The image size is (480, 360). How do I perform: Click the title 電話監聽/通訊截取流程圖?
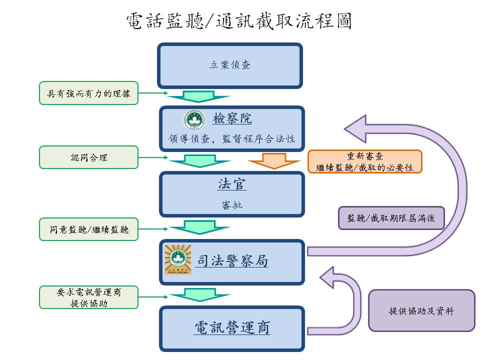pyautogui.click(x=239, y=21)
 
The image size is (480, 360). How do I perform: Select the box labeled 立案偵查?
pyautogui.click(x=230, y=65)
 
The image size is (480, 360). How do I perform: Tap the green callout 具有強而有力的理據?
pyautogui.click(x=88, y=93)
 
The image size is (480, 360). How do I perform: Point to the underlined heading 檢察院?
pyautogui.click(x=232, y=118)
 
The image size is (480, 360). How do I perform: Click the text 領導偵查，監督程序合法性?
pyautogui.click(x=231, y=139)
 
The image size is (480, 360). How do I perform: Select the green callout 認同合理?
pyautogui.click(x=88, y=157)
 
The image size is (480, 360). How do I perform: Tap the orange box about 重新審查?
pyautogui.click(x=364, y=161)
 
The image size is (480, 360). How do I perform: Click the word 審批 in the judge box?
pyautogui.click(x=231, y=204)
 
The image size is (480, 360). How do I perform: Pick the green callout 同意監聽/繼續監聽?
pyautogui.click(x=88, y=229)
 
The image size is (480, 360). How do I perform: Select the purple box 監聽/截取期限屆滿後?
pyautogui.click(x=391, y=218)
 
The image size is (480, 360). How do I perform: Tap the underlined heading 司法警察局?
pyautogui.click(x=231, y=261)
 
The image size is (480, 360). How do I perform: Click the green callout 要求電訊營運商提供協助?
pyautogui.click(x=88, y=297)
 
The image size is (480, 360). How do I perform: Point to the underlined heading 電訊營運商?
pyautogui.click(x=231, y=328)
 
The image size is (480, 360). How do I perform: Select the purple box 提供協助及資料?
pyautogui.click(x=421, y=310)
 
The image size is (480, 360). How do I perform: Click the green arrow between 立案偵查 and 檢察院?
pyautogui.click(x=191, y=96)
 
